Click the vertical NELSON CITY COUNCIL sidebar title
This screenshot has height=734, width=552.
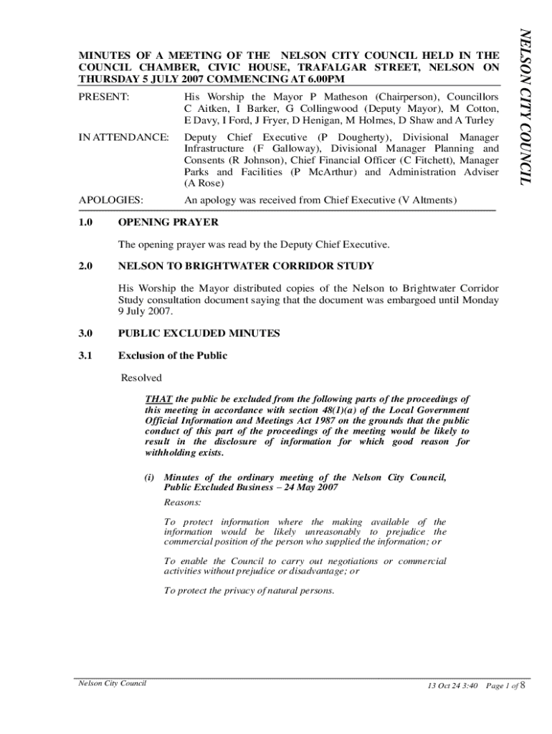tap(525, 106)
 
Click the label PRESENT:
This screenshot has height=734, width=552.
tap(103, 96)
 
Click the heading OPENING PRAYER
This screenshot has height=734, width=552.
tap(168, 223)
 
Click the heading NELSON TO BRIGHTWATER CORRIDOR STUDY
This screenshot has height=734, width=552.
tap(245, 267)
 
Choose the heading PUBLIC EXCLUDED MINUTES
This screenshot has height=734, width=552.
tap(199, 333)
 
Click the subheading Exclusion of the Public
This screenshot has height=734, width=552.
tap(172, 356)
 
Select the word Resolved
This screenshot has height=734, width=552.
tap(141, 378)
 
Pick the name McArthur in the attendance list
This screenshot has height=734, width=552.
tap(330, 172)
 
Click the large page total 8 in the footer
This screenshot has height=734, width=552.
tap(523, 685)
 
